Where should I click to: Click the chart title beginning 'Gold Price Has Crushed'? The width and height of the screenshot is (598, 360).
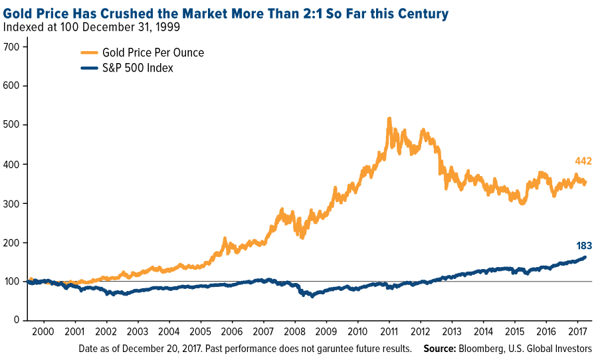pyautogui.click(x=226, y=13)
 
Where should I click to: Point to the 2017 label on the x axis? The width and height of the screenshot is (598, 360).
pyautogui.click(x=576, y=331)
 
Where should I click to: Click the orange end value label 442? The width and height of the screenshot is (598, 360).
pyautogui.click(x=583, y=161)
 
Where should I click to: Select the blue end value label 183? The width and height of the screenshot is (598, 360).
pyautogui.click(x=583, y=246)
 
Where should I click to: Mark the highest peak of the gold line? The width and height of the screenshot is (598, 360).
pyautogui.click(x=388, y=119)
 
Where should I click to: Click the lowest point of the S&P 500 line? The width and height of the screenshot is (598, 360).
pyautogui.click(x=312, y=296)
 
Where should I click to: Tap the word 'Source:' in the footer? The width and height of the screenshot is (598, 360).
pyautogui.click(x=441, y=348)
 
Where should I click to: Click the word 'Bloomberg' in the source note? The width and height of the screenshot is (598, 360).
pyautogui.click(x=486, y=348)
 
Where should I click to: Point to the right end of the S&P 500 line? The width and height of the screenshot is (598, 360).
pyautogui.click(x=585, y=257)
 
